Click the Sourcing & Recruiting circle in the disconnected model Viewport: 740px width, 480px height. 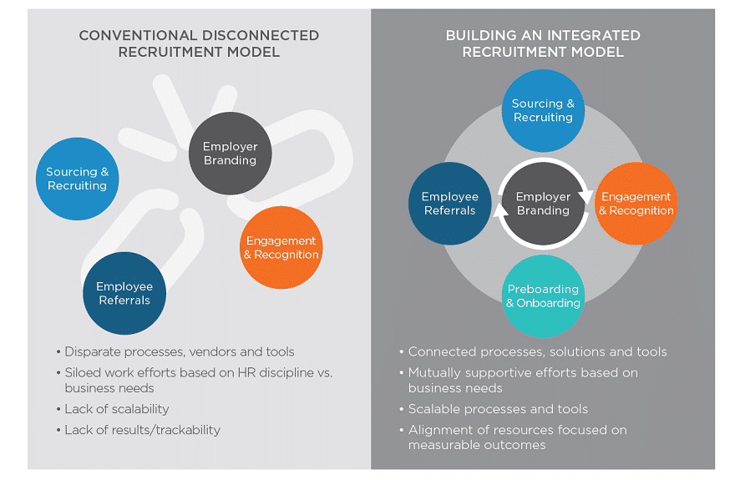click(78, 179)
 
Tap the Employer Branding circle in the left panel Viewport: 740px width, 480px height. click(230, 154)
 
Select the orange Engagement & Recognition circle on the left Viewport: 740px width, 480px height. click(281, 248)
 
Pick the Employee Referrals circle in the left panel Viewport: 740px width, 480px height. click(124, 293)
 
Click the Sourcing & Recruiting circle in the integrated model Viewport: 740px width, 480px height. click(543, 110)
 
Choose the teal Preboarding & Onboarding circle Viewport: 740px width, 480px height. click(543, 296)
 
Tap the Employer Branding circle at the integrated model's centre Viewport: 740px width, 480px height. click(543, 203)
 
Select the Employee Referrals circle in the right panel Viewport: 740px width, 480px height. click(449, 203)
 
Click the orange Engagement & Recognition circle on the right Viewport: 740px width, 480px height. click(636, 203)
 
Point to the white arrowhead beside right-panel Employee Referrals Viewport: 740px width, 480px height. click(501, 212)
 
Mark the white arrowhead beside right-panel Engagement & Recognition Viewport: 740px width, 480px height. click(585, 195)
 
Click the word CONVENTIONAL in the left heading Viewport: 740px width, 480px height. click(134, 35)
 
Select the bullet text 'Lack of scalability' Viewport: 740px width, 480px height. click(117, 409)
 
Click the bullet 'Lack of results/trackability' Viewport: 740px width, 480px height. click(143, 430)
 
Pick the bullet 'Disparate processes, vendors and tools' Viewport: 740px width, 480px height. click(180, 351)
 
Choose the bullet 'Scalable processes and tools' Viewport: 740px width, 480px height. click(498, 409)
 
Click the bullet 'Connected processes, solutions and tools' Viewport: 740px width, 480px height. click(538, 351)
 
